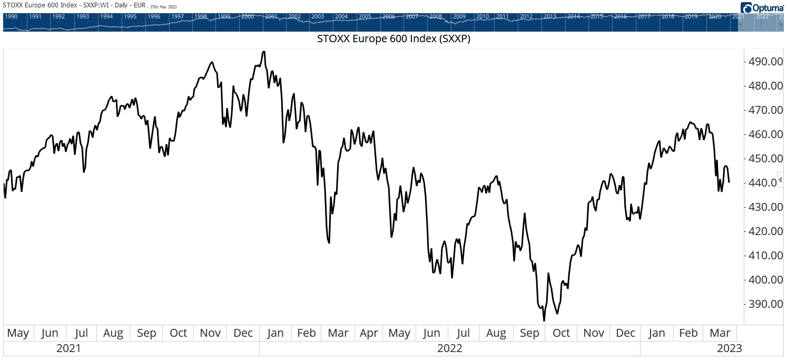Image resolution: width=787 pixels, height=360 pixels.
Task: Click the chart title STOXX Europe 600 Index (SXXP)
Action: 393,39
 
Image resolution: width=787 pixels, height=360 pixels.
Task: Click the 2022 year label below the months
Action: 449,348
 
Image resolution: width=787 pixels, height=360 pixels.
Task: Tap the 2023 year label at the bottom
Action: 729,348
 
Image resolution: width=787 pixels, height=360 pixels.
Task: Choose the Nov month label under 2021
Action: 211,333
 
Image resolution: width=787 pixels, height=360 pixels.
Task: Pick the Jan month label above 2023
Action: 656,333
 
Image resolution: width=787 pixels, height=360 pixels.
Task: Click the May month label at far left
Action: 18,333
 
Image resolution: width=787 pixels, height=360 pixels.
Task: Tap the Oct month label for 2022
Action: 561,333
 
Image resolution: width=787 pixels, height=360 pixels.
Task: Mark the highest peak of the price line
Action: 263,52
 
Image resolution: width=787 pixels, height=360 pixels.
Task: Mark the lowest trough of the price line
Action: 544,320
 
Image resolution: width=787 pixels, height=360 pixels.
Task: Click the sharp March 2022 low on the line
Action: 329,242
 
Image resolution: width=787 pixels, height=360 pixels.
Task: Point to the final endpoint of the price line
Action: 729,182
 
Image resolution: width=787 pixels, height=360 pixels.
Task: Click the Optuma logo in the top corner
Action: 762,8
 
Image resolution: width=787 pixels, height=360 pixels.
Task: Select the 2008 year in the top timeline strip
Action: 435,16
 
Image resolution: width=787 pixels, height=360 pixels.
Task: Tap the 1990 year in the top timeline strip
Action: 11,16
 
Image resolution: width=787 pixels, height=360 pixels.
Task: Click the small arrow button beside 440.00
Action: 781,180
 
